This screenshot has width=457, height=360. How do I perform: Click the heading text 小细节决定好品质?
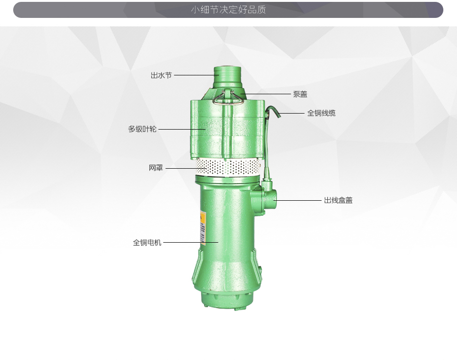[x=228, y=10]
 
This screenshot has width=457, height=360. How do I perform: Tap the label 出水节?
[x=161, y=75]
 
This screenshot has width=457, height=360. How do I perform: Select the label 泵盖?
[x=300, y=94]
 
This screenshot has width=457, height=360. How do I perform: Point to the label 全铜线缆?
[x=321, y=113]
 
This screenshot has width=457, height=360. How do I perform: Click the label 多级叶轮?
[x=142, y=129]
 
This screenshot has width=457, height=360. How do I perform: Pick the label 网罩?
[x=156, y=168]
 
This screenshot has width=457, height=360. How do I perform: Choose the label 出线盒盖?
[x=338, y=200]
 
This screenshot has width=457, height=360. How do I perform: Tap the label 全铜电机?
[x=147, y=243]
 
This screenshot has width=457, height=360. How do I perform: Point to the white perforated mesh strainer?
[x=228, y=166]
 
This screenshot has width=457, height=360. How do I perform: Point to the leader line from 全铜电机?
[x=190, y=243]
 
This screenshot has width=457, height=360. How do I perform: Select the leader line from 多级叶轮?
[x=181, y=129]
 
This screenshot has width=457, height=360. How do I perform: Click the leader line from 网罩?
[x=186, y=168]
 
